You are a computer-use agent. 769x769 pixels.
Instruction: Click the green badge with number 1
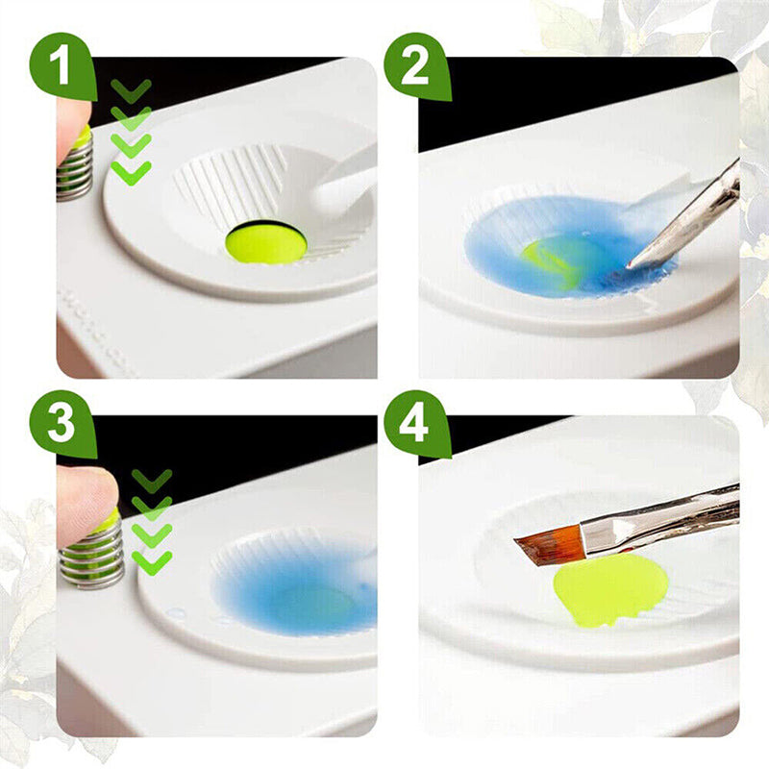[x=62, y=66]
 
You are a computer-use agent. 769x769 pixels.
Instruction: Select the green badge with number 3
[x=62, y=424]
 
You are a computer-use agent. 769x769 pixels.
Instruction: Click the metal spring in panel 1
[x=74, y=173]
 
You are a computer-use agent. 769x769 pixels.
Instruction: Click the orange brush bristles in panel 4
[x=547, y=546]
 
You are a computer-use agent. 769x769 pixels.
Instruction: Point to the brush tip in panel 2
[x=633, y=263]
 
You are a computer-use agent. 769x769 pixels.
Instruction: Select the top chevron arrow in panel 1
[x=131, y=90]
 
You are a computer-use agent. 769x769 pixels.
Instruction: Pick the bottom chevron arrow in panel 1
[x=131, y=172]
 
